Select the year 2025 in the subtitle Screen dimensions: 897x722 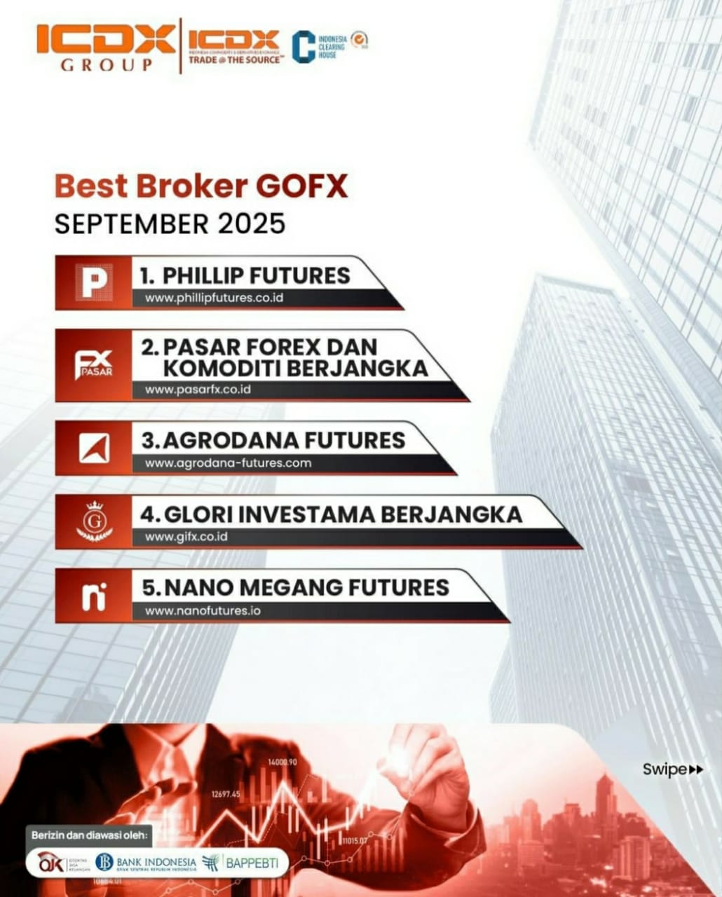[251, 224]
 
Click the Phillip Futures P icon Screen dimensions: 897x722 [93, 282]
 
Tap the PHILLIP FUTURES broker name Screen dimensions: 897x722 [245, 275]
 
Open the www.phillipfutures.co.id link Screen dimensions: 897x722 [214, 298]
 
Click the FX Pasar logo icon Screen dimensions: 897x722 [93, 364]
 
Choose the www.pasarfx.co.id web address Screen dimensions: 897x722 [198, 390]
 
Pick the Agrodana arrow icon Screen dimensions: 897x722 [93, 448]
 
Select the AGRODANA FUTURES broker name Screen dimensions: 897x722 [273, 440]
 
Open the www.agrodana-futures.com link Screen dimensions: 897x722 [228, 463]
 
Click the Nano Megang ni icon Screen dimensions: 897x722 [93, 596]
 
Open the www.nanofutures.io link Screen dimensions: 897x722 [203, 611]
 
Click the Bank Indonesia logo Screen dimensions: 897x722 [147, 862]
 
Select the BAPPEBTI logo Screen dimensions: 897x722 [240, 863]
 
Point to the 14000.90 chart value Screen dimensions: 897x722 [282, 762]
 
